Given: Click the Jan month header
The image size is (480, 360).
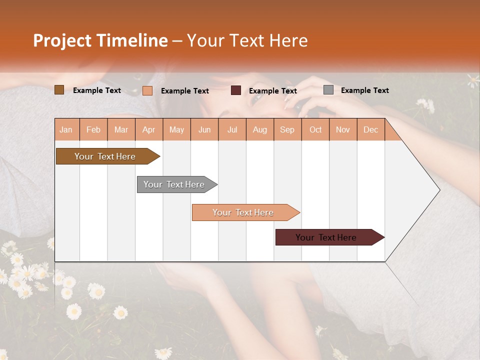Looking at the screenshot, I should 66,130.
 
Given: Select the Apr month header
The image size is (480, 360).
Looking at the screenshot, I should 149,130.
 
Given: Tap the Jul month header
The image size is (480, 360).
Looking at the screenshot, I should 232,130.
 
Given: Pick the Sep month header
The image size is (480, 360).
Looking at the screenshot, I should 287,130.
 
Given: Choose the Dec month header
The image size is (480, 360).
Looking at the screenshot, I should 370,130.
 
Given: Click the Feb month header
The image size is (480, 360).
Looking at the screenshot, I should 93,130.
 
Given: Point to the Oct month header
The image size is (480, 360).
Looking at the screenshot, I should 315,130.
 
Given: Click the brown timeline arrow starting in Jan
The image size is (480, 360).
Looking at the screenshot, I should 105,156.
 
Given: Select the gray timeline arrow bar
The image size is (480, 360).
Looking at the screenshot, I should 174,184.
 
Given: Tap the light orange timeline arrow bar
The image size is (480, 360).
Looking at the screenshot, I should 243,212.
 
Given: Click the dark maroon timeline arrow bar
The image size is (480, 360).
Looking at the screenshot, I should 326,237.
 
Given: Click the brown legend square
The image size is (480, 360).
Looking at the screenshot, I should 59,90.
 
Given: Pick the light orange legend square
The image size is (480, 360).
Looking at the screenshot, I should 147,90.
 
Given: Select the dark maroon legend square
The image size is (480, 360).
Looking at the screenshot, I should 236,90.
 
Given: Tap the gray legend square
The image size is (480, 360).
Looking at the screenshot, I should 328,90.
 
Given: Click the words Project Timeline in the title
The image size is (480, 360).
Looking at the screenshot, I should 100,40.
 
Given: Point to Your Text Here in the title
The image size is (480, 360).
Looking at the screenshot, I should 247,40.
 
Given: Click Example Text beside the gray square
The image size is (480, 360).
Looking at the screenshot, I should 364,90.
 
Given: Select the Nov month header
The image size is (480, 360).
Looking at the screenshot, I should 343,130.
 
